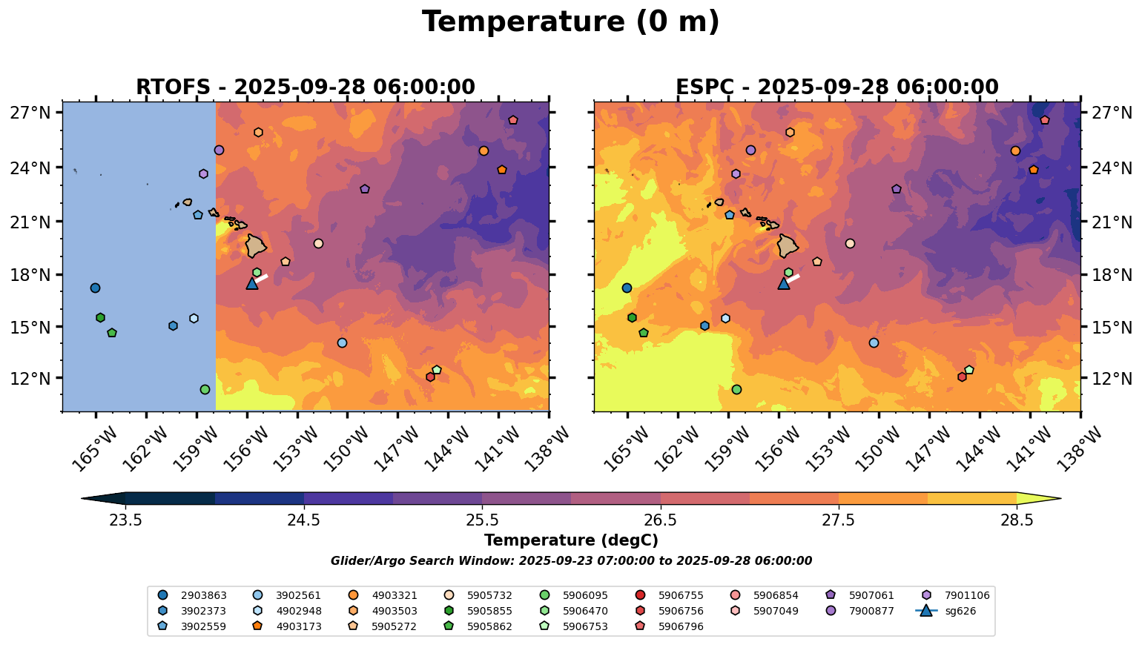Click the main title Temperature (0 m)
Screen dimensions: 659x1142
point(570,22)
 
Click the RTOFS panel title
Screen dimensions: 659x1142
point(305,87)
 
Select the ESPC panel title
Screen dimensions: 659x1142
point(836,87)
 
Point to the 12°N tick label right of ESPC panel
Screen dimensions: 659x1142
point(1112,379)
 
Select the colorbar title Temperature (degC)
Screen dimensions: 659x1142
point(570,540)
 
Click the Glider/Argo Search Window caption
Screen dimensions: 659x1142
point(570,561)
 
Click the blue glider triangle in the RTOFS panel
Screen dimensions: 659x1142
point(252,283)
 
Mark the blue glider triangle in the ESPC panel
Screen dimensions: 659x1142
point(784,283)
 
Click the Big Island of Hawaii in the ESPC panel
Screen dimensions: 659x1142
point(788,245)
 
